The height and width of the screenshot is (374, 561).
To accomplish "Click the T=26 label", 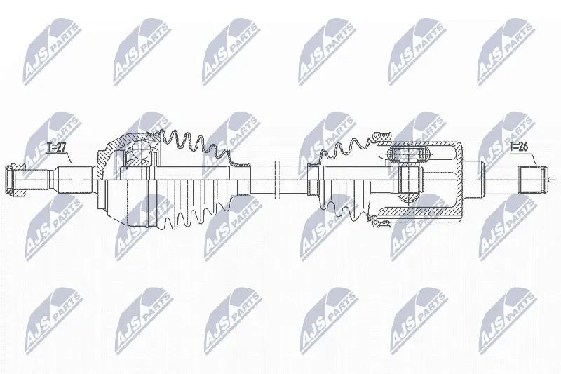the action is [x=519, y=147].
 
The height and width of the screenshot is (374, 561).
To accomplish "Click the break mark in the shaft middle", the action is [x=276, y=180].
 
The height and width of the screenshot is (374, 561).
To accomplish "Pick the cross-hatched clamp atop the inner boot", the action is [x=381, y=136].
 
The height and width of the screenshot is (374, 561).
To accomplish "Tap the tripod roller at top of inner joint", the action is [x=408, y=154].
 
